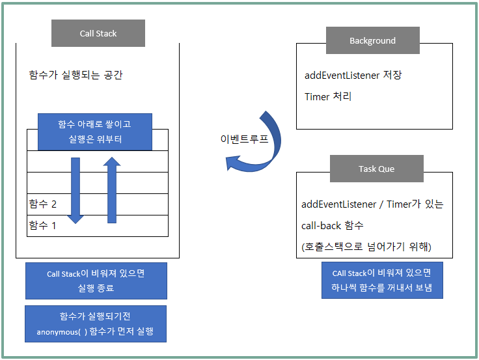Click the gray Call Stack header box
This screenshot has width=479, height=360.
[98, 33]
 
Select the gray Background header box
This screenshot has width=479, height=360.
[373, 40]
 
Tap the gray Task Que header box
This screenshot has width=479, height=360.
[377, 169]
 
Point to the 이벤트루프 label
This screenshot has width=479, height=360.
[244, 139]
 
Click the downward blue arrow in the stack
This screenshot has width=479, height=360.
[75, 190]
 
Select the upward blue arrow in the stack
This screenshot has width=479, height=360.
[112, 190]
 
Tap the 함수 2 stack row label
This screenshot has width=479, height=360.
[43, 204]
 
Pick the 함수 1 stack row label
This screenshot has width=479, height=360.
[42, 225]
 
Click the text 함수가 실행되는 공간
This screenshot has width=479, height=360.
[75, 75]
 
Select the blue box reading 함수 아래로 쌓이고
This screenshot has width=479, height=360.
[95, 132]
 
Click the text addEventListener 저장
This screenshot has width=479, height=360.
[353, 75]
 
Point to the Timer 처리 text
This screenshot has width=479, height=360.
[328, 96]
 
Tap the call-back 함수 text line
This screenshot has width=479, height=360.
[333, 225]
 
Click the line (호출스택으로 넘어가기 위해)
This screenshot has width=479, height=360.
[366, 247]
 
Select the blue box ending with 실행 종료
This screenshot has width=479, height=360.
[96, 281]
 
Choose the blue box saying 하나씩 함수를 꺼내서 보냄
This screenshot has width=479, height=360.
[382, 280]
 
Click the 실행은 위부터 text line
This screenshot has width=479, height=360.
[95, 139]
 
